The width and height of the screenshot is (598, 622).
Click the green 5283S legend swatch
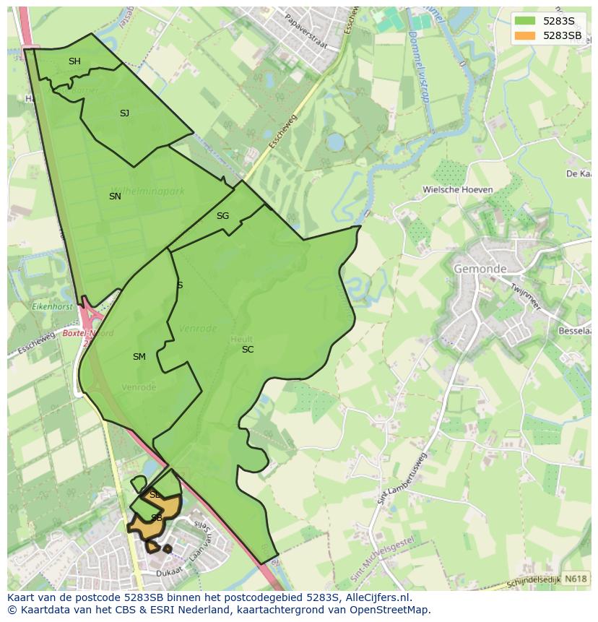pyautogui.click(x=526, y=21)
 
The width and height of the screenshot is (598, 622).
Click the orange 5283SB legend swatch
pyautogui.click(x=526, y=35)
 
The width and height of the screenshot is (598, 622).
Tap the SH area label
pyautogui.click(x=74, y=61)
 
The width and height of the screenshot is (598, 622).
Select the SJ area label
pyautogui.click(x=124, y=113)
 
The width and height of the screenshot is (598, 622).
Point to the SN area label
pyautogui.click(x=115, y=196)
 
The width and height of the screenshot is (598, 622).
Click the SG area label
pyautogui.click(x=222, y=216)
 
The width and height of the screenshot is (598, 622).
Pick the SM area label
pyautogui.click(x=139, y=357)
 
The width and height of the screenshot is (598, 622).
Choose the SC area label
pyautogui.click(x=248, y=350)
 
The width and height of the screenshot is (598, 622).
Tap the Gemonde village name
pyautogui.click(x=480, y=269)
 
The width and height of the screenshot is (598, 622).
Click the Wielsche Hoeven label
pyautogui.click(x=458, y=190)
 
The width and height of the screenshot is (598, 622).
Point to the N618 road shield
pyautogui.click(x=575, y=579)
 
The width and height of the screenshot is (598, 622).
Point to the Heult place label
pyautogui.click(x=241, y=338)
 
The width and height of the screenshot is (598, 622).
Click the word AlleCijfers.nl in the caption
pyautogui.click(x=378, y=597)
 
